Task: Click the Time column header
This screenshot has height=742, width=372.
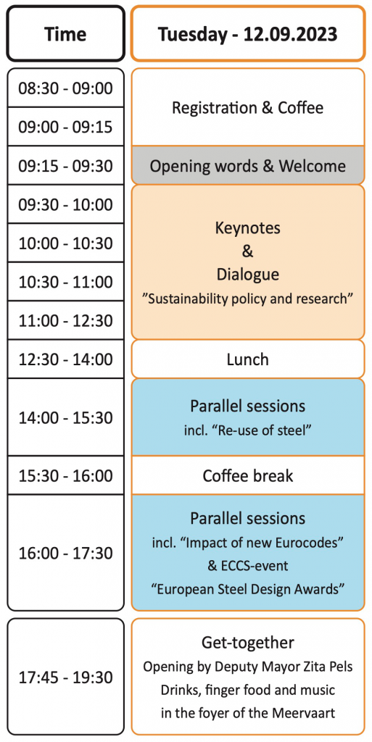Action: click(65, 33)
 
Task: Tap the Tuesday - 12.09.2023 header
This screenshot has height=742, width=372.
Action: click(247, 33)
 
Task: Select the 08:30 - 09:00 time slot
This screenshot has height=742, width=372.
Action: click(65, 88)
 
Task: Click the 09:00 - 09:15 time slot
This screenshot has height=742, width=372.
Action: click(65, 127)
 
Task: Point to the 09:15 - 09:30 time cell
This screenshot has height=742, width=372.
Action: click(65, 166)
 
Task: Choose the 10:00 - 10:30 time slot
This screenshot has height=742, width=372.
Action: click(65, 243)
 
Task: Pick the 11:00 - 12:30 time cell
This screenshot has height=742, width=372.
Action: click(65, 321)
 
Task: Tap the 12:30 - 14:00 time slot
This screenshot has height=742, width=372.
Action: click(65, 359)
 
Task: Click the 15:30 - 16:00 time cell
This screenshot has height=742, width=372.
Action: click(65, 475)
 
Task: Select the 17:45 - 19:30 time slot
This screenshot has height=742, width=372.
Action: click(65, 678)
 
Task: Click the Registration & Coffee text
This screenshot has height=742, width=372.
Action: click(247, 108)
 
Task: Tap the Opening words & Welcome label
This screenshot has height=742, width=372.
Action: click(247, 166)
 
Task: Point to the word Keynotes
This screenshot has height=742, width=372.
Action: click(247, 228)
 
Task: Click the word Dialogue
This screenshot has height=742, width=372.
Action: click(247, 275)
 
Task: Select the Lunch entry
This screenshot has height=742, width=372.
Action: click(247, 359)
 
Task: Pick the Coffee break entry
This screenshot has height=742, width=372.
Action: click(247, 475)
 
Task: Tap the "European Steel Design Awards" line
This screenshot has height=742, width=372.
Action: click(247, 590)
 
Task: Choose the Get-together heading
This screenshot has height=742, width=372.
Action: click(247, 643)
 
